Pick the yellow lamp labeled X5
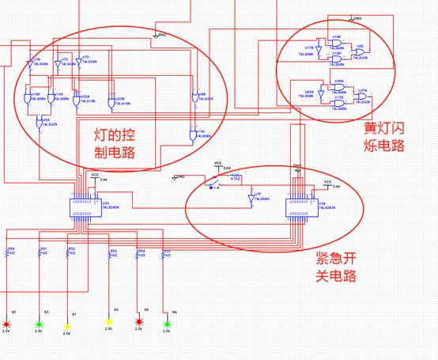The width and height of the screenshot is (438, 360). click(109, 324)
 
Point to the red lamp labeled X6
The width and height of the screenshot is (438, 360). click(139, 323)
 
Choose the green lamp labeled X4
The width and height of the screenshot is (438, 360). click(167, 323)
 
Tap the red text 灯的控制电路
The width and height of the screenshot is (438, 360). click(108, 142)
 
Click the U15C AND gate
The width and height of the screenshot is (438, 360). click(192, 136)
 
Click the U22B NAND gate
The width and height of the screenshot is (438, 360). click(111, 101)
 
